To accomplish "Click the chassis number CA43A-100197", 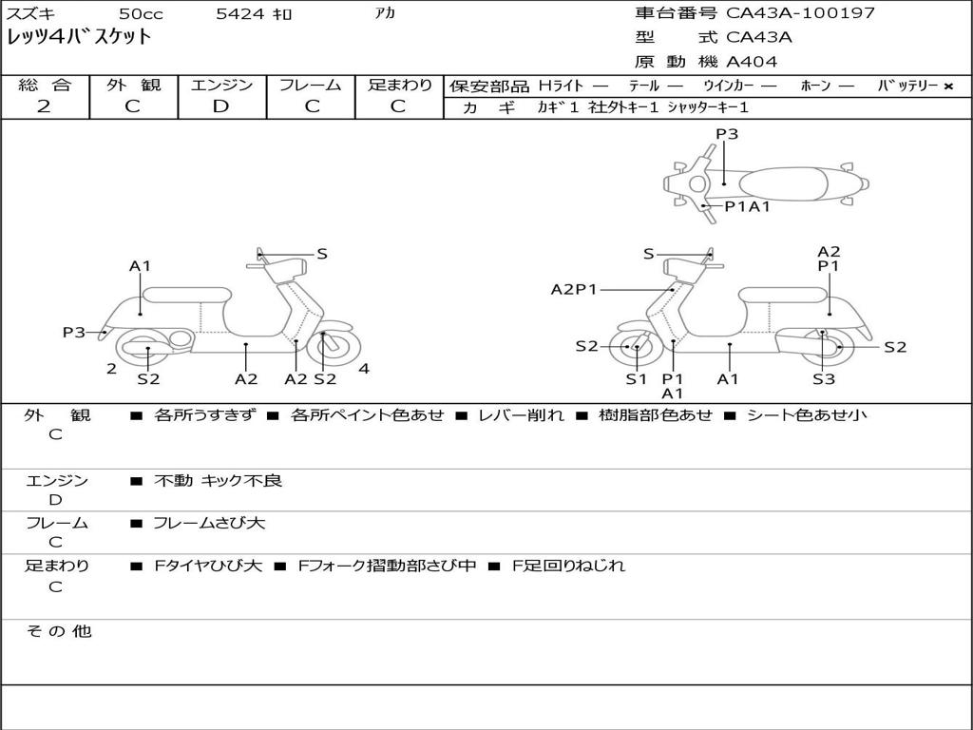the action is point(800,13).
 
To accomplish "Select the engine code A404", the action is point(752,62).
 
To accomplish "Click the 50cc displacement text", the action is point(140,14).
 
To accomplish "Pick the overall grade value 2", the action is point(44,106).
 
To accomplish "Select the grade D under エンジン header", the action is point(221,106).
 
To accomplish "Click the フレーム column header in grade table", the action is point(312,85).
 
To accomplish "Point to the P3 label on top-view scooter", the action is point(727,134).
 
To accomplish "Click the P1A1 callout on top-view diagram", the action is point(748,206).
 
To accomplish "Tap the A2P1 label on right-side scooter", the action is point(574,289).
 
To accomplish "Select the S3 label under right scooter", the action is point(823,379).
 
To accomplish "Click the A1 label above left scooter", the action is point(141,266).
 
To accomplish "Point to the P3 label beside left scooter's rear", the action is point(74,332).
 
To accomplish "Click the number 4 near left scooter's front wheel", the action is point(364,369).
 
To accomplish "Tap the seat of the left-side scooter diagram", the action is point(186,294).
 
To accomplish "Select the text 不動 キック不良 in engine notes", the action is point(218,481).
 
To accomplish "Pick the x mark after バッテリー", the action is point(947,86).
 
